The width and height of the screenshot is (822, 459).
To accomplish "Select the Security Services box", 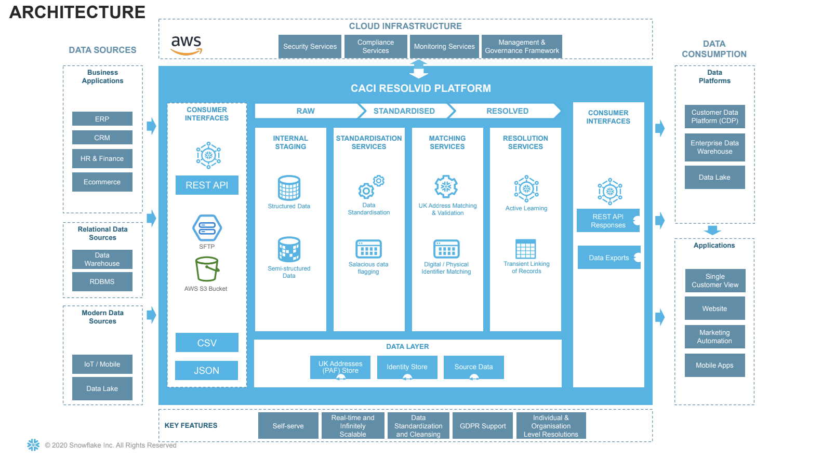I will (x=310, y=46).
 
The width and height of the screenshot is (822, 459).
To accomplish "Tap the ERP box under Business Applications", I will (x=102, y=119).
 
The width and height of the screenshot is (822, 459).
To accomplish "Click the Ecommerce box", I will (x=102, y=182).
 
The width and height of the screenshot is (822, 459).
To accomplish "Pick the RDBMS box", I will (x=102, y=282).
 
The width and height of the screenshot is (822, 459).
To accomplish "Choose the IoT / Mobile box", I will (x=102, y=365).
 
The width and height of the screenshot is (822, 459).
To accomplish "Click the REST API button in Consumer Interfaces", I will (x=207, y=185).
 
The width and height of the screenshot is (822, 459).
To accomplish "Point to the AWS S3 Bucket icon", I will (x=207, y=269).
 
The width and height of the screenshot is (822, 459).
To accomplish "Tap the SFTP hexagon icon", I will (x=207, y=227).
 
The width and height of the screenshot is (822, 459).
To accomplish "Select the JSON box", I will (x=206, y=371).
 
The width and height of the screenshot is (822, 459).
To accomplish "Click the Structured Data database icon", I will (x=289, y=188).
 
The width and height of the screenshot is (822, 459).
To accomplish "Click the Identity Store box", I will (x=407, y=367).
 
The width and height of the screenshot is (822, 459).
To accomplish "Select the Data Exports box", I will (x=609, y=258).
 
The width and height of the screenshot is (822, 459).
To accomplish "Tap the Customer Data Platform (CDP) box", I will (x=714, y=117).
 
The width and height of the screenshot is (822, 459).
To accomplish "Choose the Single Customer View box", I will (x=714, y=281).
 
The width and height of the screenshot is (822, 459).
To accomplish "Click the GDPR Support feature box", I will (x=483, y=426).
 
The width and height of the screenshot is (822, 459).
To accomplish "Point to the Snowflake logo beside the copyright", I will (x=33, y=444).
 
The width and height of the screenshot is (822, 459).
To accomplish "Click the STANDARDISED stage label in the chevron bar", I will (x=404, y=111).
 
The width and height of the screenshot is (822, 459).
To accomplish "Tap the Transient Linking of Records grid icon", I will (x=525, y=249).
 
